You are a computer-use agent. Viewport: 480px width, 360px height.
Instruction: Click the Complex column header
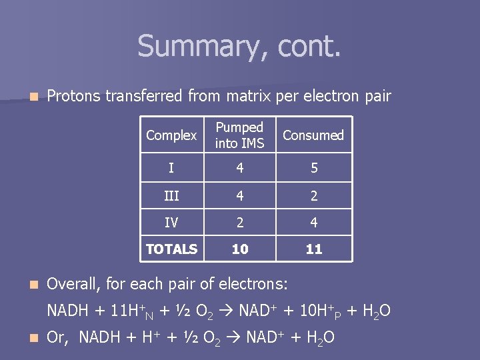(171, 135)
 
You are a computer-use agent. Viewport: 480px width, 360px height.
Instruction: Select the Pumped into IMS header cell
(240, 135)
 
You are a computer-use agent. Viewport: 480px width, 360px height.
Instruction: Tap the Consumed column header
(313, 135)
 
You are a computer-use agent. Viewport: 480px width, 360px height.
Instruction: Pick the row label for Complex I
(171, 168)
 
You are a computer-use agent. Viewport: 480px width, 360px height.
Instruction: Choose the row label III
(171, 195)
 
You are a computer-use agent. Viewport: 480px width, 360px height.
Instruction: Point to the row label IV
(171, 222)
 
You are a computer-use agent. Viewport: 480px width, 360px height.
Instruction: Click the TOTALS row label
(171, 249)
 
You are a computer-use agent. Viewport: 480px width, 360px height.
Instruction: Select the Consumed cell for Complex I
(314, 168)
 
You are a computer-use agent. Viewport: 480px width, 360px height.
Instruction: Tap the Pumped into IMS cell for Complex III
(240, 195)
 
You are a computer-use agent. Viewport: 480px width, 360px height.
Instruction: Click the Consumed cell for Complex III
(314, 195)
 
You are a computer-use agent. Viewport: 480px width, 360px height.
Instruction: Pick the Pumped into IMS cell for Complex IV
(240, 222)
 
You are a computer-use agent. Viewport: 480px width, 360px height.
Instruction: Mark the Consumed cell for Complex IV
(314, 222)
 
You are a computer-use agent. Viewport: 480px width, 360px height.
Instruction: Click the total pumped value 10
(240, 249)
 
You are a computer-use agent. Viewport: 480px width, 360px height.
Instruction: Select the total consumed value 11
(314, 249)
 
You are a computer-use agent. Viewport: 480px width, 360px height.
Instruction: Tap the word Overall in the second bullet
(73, 284)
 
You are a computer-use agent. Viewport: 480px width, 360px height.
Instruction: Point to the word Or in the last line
(57, 337)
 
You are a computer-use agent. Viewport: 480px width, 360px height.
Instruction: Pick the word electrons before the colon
(251, 284)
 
